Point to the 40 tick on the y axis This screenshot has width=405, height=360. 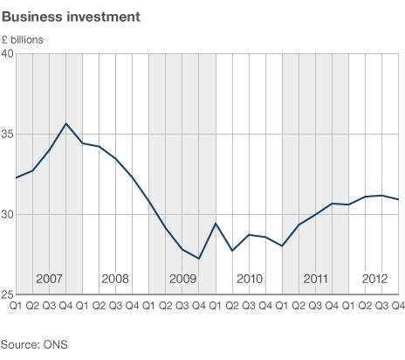[x=7, y=53]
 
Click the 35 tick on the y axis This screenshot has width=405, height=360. [x=7, y=134]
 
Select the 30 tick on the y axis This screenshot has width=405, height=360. [x=7, y=214]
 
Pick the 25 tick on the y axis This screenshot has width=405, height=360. [x=7, y=294]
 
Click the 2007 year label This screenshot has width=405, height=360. [x=49, y=279]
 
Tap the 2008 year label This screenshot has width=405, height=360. [x=115, y=279]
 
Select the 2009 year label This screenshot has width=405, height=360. [x=182, y=279]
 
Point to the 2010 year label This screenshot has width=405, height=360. [x=249, y=279]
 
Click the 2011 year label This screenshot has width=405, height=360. [x=315, y=279]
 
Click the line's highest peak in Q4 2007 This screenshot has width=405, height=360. [x=65, y=123]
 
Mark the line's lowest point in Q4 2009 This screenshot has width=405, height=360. [x=199, y=259]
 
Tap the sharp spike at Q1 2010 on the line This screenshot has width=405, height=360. [x=216, y=224]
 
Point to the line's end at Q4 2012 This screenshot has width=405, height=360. [x=399, y=199]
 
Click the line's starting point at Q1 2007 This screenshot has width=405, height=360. [x=16, y=178]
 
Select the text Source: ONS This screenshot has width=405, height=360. [x=34, y=344]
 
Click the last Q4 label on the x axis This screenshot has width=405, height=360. [x=397, y=305]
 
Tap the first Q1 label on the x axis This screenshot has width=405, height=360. [x=16, y=305]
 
